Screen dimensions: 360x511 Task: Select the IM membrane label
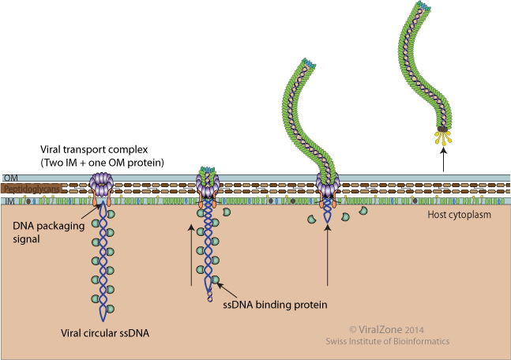[8, 202]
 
